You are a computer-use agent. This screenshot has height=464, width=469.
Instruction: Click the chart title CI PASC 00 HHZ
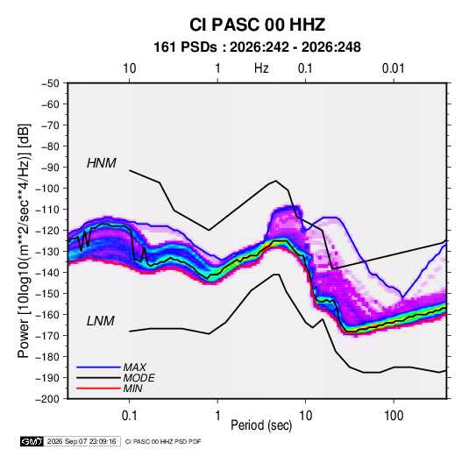coord(257,25)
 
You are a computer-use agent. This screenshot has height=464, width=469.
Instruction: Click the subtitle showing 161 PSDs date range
coord(257,47)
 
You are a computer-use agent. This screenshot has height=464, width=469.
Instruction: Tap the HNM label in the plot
coord(102,163)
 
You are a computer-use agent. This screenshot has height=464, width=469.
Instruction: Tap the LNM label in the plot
coord(101,321)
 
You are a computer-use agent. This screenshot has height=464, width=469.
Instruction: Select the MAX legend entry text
coord(135,368)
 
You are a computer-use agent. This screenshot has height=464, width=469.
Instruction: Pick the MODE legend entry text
coord(139,378)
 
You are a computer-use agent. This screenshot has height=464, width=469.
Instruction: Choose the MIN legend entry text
coord(132,389)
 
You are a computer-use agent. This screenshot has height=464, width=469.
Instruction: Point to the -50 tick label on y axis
coord(50,83)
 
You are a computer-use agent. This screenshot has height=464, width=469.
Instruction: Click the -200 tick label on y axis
coord(47,399)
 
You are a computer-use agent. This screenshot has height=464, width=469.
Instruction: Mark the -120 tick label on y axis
coord(47,231)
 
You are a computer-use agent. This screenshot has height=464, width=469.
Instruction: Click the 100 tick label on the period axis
coord(394,416)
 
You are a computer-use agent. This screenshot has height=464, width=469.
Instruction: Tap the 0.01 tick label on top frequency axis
coord(394,68)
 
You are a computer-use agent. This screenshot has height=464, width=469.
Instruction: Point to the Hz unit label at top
coord(261,68)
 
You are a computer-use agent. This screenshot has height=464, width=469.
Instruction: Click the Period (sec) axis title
coord(261,425)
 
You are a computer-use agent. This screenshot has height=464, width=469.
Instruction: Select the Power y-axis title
coord(24,240)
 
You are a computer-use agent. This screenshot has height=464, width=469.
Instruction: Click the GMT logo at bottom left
coord(32,441)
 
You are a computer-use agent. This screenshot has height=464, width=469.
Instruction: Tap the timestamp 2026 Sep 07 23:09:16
coord(82,441)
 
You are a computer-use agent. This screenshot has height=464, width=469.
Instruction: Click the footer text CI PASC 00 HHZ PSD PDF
coord(163,441)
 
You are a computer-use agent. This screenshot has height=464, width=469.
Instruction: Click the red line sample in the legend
coord(98,389)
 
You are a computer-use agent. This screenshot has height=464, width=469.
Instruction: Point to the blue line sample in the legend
coord(98,368)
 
